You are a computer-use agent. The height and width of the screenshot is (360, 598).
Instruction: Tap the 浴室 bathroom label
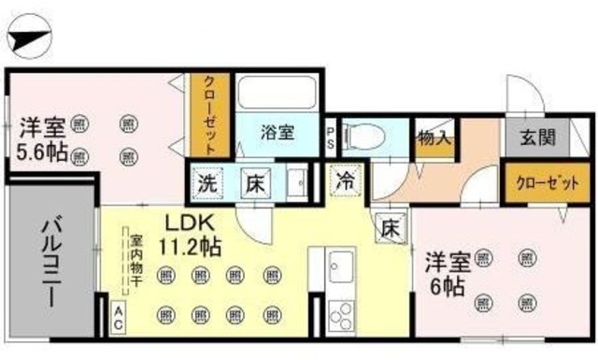(x=277, y=134)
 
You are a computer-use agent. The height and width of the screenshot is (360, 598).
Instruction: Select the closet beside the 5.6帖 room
(x=211, y=117)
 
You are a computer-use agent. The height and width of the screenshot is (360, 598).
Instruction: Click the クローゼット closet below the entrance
(x=543, y=183)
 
